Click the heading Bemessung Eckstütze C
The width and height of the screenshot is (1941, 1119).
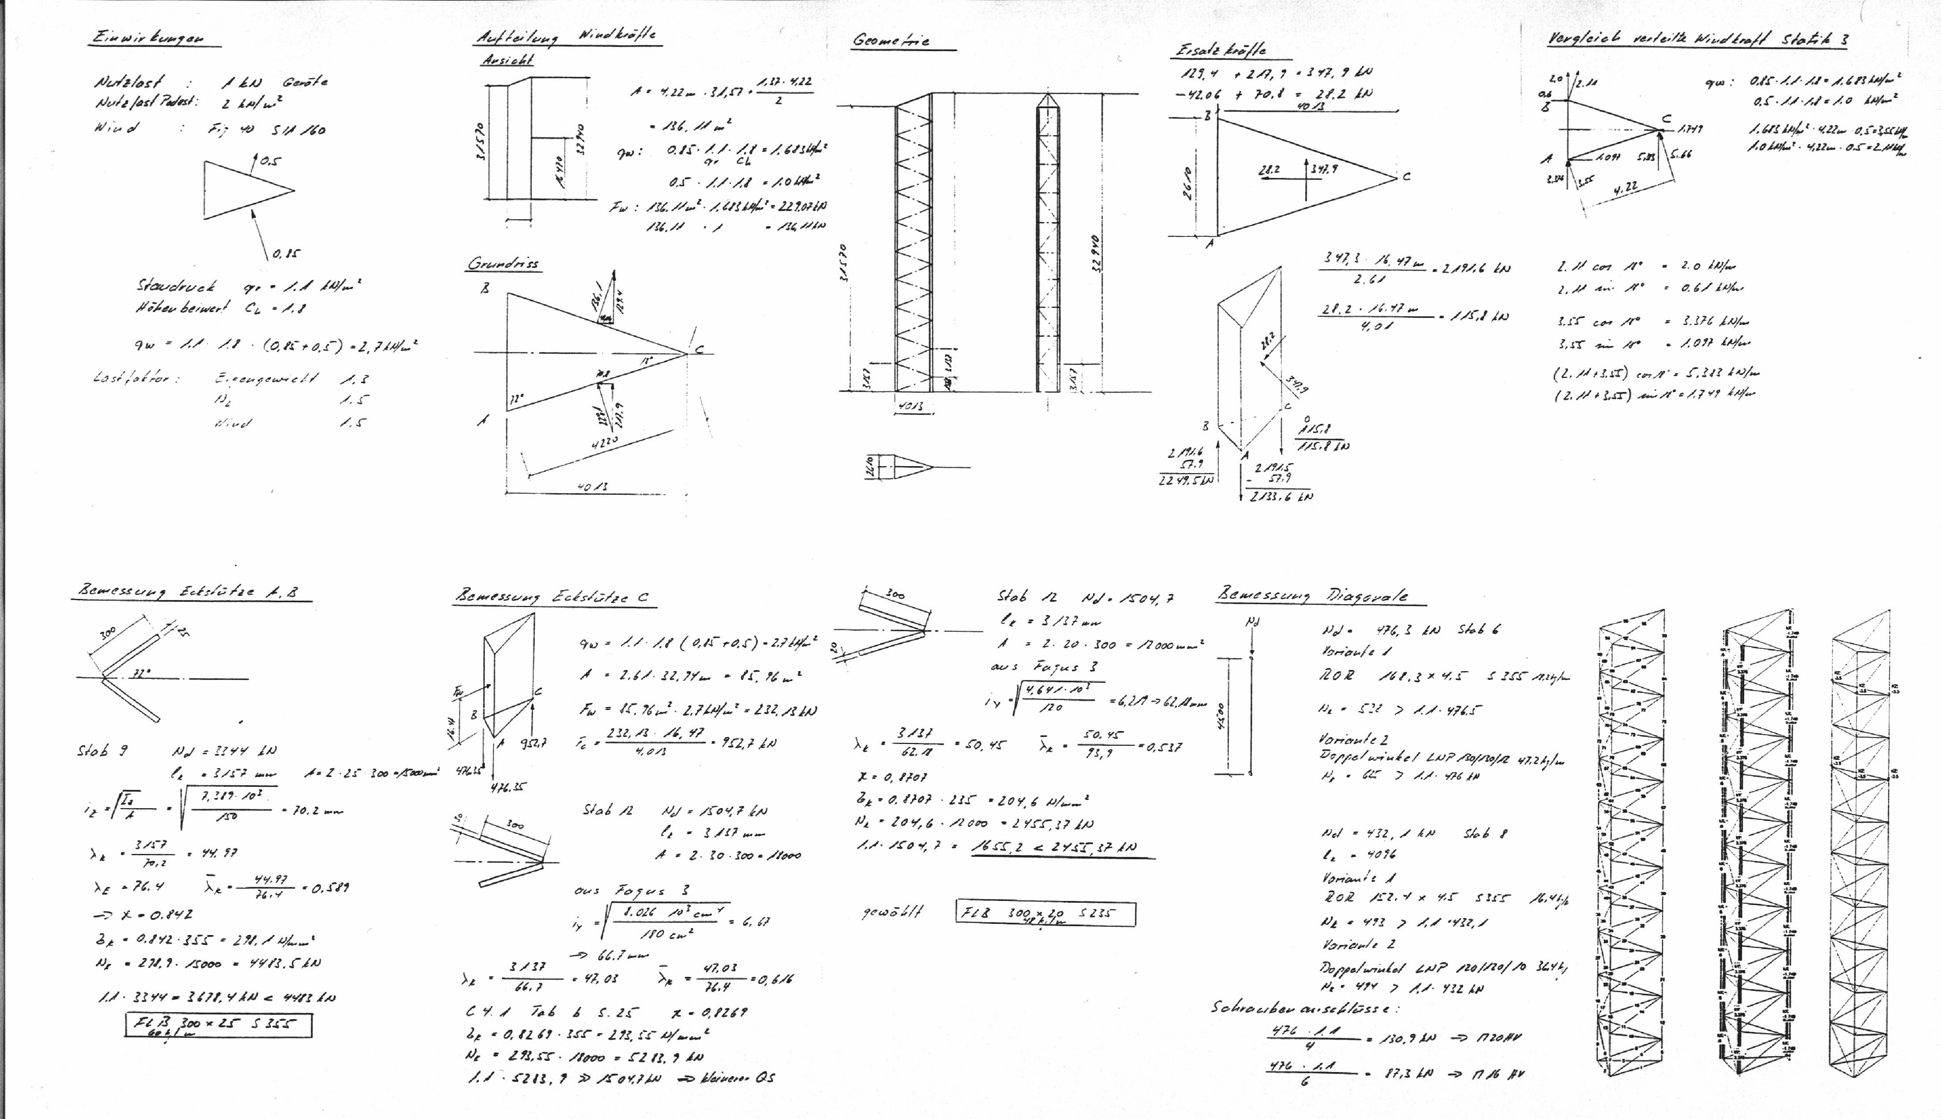[x=552, y=597]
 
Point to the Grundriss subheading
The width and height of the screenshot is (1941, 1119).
[x=503, y=264]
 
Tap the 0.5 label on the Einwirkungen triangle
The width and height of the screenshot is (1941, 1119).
[x=270, y=162]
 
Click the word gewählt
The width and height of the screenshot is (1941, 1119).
[x=891, y=912]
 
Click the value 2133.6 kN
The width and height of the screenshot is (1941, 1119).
[x=1281, y=497]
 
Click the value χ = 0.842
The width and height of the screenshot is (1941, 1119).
[x=144, y=914]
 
